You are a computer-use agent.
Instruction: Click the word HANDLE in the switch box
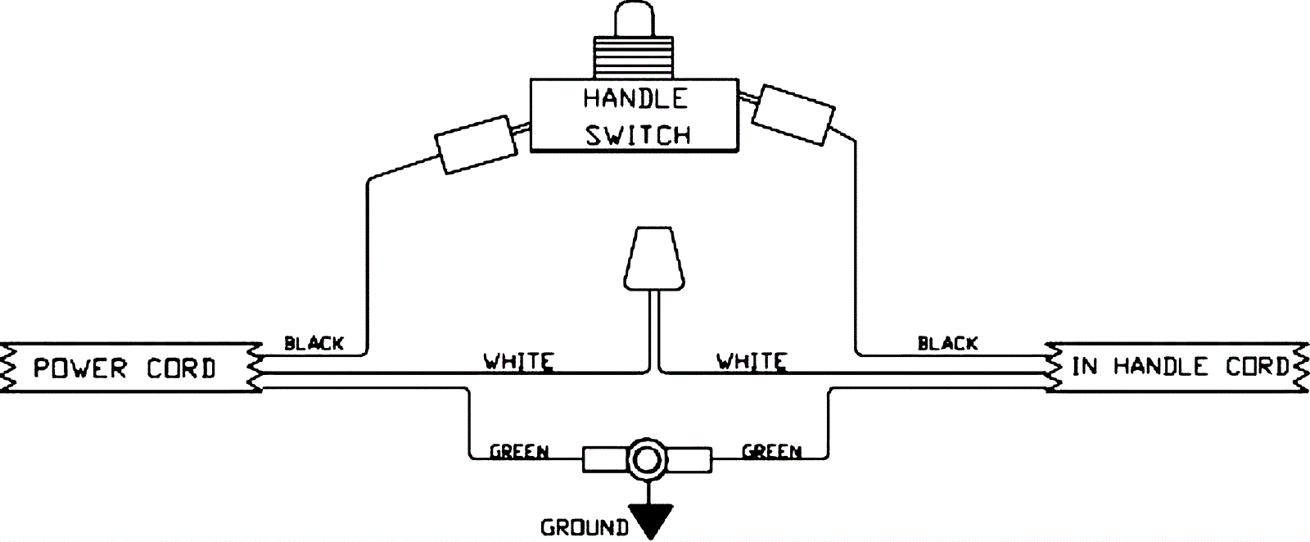[x=635, y=98]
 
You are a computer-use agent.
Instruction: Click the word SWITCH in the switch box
[x=638, y=134]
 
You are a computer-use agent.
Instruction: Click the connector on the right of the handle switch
[x=793, y=114]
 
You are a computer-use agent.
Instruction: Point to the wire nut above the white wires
[x=652, y=258]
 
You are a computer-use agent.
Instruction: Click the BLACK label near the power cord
[x=314, y=343]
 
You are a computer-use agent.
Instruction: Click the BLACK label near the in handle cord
[x=947, y=343]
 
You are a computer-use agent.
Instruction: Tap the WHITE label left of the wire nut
[x=518, y=360]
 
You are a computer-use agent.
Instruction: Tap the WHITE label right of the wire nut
[x=752, y=360]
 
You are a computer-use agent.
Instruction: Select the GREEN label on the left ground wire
[x=519, y=451]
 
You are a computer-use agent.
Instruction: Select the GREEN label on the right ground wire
[x=771, y=451]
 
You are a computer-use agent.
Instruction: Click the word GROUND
[x=584, y=528]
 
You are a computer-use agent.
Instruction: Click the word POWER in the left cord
[x=79, y=368]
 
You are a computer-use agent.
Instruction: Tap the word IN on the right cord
[x=1085, y=366]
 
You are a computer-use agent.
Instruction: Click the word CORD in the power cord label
[x=181, y=368]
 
